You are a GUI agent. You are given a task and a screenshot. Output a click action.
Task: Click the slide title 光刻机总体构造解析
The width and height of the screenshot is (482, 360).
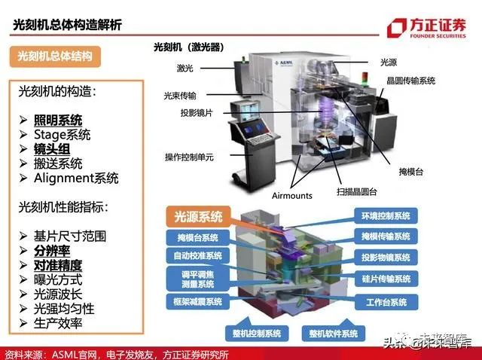click(x=68, y=25)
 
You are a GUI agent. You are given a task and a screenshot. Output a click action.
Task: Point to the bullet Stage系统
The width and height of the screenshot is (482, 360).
click(x=62, y=135)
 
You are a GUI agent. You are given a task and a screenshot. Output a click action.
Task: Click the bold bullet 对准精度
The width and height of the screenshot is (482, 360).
click(x=57, y=265)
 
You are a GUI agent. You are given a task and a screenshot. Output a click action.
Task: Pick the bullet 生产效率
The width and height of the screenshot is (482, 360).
click(x=57, y=323)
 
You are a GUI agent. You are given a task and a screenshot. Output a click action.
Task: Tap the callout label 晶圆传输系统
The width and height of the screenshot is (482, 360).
click(x=411, y=81)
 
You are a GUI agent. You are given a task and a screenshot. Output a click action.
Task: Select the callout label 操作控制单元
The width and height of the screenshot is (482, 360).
click(x=189, y=157)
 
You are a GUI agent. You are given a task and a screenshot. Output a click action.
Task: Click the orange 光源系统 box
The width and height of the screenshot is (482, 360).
click(x=194, y=217)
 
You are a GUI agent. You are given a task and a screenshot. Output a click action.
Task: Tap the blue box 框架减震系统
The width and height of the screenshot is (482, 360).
click(x=194, y=302)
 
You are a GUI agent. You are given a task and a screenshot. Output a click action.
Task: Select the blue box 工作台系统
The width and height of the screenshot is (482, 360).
click(x=386, y=302)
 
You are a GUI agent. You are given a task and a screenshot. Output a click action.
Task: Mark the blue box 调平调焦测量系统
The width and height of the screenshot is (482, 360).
click(x=195, y=279)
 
